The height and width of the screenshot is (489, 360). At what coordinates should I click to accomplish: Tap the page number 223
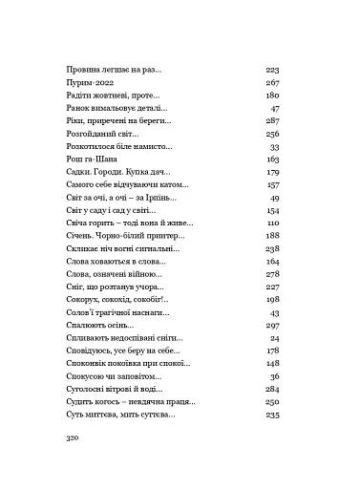click(271, 70)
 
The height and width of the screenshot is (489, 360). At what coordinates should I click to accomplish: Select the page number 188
click(271, 235)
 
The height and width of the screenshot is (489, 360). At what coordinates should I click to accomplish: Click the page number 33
click(274, 147)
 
